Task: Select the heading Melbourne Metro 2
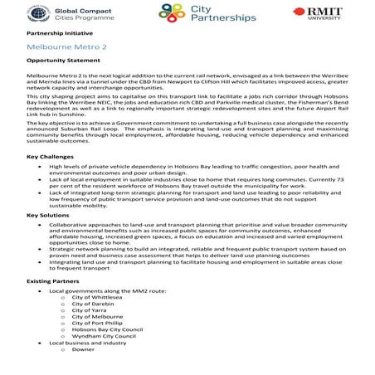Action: click(x=67, y=48)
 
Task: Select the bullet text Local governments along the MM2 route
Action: click(x=104, y=291)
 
